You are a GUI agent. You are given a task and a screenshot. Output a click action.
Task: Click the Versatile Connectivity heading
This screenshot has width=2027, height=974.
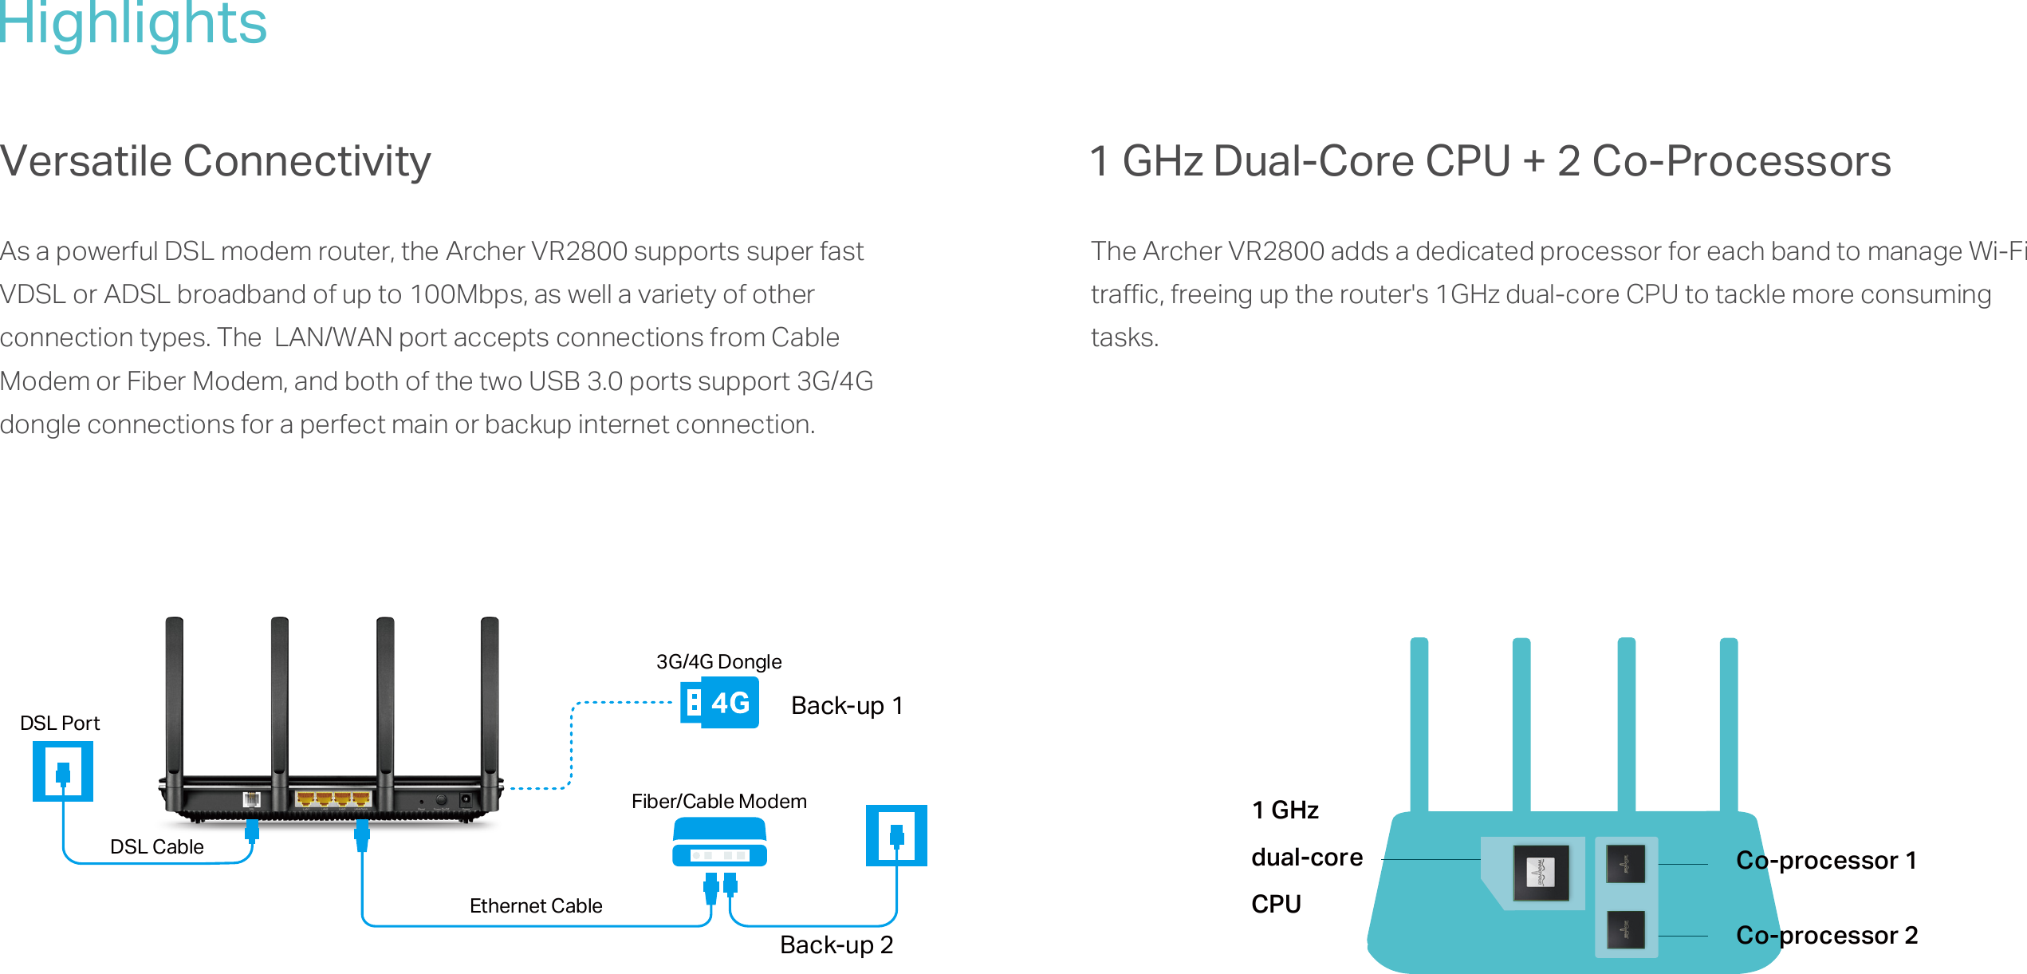click(215, 161)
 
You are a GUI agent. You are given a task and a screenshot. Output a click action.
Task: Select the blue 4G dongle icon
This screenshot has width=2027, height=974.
click(719, 703)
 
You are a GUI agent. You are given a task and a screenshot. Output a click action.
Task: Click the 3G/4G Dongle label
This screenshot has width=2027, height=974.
click(718, 662)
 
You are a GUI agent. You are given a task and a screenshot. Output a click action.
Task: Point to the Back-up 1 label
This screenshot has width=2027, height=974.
click(846, 706)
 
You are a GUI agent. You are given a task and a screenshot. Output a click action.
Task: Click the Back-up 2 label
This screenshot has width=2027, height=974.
click(836, 945)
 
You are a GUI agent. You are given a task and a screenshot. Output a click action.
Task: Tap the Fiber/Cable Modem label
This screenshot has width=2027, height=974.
click(718, 802)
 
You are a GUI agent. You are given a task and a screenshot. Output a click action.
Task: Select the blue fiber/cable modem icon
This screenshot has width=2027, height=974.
click(719, 843)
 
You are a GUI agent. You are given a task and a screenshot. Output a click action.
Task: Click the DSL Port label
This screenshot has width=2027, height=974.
click(60, 724)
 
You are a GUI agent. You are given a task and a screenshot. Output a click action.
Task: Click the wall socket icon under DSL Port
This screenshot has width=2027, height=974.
click(63, 771)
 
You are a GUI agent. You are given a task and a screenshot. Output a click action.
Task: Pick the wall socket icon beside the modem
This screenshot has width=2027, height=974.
click(896, 835)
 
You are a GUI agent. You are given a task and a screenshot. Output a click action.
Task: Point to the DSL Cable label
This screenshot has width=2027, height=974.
click(157, 847)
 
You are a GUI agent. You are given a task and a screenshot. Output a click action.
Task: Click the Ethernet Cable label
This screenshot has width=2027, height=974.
click(536, 906)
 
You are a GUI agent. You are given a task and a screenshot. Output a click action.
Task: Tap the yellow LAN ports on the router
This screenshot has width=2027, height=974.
click(333, 799)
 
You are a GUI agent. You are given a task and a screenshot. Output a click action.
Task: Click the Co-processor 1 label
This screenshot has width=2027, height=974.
click(1826, 861)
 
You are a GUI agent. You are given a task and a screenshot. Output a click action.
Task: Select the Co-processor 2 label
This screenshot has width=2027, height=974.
click(1826, 936)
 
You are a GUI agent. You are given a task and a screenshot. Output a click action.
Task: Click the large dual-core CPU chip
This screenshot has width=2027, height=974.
click(1541, 873)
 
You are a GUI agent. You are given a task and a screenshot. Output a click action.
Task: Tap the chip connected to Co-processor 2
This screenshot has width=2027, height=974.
click(1625, 930)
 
